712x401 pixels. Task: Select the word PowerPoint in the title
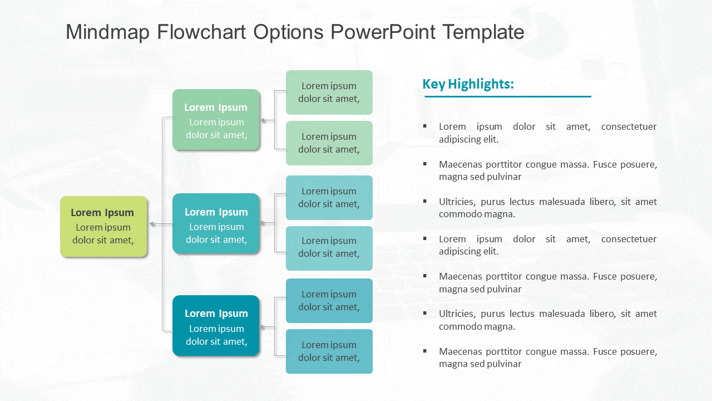(x=383, y=32)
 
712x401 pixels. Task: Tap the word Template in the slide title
(x=483, y=32)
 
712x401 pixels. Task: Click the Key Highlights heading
(x=468, y=84)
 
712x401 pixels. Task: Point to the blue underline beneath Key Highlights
(x=507, y=96)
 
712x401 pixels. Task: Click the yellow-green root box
(x=103, y=227)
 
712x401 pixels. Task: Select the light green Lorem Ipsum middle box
(x=216, y=120)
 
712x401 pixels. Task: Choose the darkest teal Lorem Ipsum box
(x=216, y=326)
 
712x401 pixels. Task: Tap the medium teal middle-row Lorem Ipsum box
(x=216, y=224)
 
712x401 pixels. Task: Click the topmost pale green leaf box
(x=329, y=92)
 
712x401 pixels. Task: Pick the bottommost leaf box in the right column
(x=329, y=351)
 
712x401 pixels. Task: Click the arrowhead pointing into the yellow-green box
(x=152, y=224)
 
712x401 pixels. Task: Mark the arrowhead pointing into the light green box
(x=264, y=120)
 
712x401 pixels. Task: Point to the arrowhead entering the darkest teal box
(x=264, y=327)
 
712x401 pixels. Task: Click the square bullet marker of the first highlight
(x=425, y=126)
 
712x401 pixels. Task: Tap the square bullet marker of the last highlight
(x=425, y=351)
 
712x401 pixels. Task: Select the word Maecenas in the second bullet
(x=459, y=164)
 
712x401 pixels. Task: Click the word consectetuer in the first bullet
(x=629, y=126)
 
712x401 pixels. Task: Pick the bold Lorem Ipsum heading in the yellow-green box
(x=102, y=212)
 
